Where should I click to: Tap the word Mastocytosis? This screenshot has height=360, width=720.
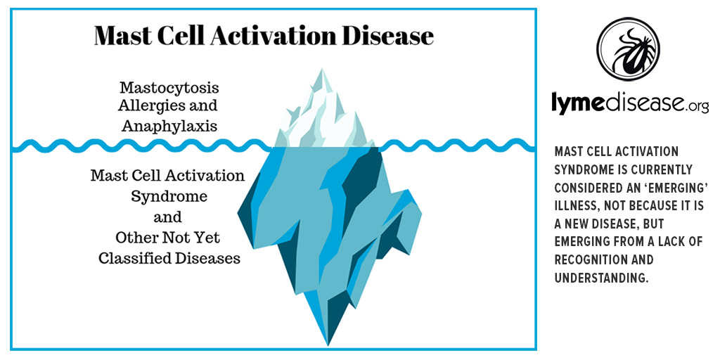coord(169,88)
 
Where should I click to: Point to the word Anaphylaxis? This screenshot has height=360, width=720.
coord(169,126)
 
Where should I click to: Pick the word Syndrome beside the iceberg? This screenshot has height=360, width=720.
coord(169,196)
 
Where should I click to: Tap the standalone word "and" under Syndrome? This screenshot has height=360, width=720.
coord(167,217)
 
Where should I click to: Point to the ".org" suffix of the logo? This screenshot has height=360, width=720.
coord(697,107)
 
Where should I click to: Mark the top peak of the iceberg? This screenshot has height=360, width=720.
coord(322,69)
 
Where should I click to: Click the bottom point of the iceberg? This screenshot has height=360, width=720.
coord(328,345)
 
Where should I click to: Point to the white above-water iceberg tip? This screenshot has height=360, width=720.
coord(323,115)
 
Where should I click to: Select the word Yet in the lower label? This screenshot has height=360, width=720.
coord(210,238)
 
